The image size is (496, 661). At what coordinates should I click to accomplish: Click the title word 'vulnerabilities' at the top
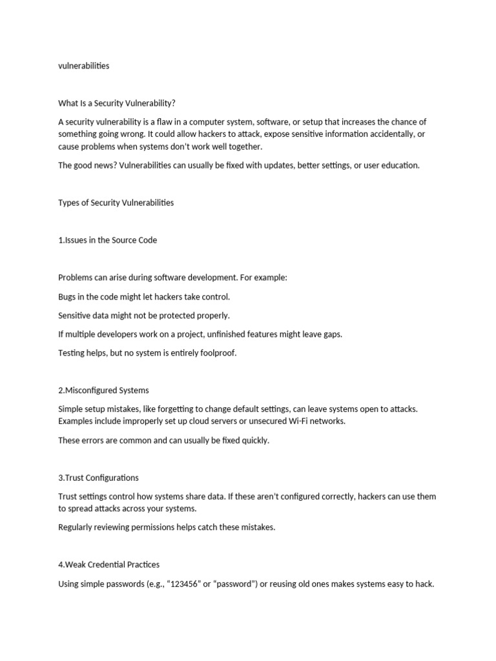coord(84,66)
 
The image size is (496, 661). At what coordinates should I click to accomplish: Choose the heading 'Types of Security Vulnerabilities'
coord(116,203)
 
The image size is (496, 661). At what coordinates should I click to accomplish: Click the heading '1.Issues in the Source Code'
coord(108,240)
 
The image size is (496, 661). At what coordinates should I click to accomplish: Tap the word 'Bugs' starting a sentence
coord(68,297)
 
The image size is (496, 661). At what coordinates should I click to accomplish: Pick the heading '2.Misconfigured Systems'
coord(103,391)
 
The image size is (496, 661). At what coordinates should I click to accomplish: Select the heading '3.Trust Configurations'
coord(98,478)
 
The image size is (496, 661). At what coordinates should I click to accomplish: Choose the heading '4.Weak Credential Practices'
coord(109,565)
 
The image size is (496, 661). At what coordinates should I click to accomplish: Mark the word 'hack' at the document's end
coord(424,584)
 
